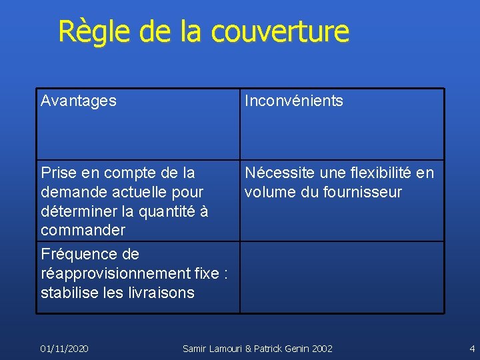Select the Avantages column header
tap(78, 101)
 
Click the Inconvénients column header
tap(293, 101)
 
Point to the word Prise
tap(58, 173)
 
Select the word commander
tap(83, 231)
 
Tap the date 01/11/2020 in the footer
tap(65, 348)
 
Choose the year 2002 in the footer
tap(321, 348)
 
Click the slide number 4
tap(472, 348)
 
